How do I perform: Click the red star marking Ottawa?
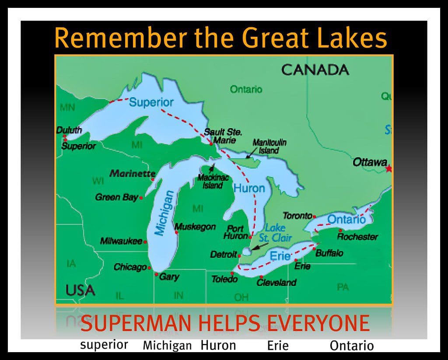(389, 168)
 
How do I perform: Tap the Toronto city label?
(297, 216)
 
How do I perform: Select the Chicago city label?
(130, 267)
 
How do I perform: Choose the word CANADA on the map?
(315, 70)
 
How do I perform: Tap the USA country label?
(80, 290)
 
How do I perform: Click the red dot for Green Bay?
(141, 198)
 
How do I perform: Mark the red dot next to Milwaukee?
(145, 241)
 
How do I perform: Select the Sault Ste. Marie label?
(223, 136)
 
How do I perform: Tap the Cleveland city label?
(276, 282)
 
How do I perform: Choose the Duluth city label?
(69, 130)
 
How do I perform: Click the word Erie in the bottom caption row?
(278, 346)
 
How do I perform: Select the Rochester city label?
(357, 237)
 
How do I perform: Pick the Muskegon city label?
(195, 227)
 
